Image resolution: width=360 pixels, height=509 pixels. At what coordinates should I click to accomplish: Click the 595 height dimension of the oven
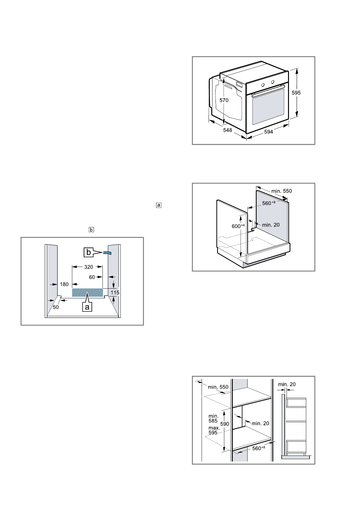pos(296,93)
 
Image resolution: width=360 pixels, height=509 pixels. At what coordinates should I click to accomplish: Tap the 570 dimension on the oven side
pos(224,100)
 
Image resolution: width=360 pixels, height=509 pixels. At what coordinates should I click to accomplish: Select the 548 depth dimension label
pos(227,130)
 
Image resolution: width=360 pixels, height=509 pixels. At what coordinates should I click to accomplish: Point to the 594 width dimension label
pos(268,132)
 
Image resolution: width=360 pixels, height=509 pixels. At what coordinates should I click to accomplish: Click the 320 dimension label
pos(88,267)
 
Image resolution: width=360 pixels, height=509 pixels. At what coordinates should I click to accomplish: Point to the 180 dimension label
pos(64,284)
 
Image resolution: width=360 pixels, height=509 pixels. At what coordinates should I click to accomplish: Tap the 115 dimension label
pos(115,293)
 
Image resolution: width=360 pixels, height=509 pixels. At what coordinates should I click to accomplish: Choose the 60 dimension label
pos(92,277)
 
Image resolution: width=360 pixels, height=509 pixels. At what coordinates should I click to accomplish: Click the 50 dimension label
pos(56,307)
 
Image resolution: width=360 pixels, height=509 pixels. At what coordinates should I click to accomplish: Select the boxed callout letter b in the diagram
pos(89,252)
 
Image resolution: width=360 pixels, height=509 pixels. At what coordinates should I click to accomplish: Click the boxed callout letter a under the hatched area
pos(87,307)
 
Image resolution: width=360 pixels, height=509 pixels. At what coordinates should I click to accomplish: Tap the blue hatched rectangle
pos(87,292)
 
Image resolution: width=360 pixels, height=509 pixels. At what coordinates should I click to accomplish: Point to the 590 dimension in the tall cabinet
pos(225,424)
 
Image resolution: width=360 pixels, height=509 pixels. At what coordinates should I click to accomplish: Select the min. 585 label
pos(213,418)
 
